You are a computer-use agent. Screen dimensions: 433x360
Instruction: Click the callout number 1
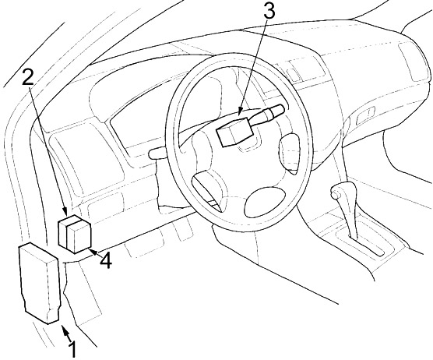pyautogui.click(x=72, y=349)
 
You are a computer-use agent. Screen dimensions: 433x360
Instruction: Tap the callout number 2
pyautogui.click(x=28, y=76)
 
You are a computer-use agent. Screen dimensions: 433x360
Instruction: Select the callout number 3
pyautogui.click(x=269, y=10)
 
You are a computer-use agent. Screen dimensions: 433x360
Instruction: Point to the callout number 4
pyautogui.click(x=106, y=260)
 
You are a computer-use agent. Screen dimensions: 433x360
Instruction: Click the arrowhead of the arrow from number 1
pyautogui.click(x=65, y=330)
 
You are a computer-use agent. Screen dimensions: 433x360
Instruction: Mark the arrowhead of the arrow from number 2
pyautogui.click(x=65, y=212)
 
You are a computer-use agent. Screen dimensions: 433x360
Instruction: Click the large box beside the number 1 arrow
pyautogui.click(x=39, y=283)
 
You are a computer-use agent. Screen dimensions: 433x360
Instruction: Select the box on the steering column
pyautogui.click(x=235, y=131)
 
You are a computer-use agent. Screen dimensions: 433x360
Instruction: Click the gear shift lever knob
pyautogui.click(x=335, y=193)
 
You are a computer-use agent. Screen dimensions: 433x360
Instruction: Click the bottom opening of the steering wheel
pyautogui.click(x=265, y=201)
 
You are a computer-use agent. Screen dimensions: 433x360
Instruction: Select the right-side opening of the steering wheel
pyautogui.click(x=290, y=153)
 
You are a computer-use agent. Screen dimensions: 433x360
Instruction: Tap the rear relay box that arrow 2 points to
pyautogui.click(x=69, y=229)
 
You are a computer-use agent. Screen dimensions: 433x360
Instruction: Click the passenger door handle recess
pyautogui.click(x=365, y=116)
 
